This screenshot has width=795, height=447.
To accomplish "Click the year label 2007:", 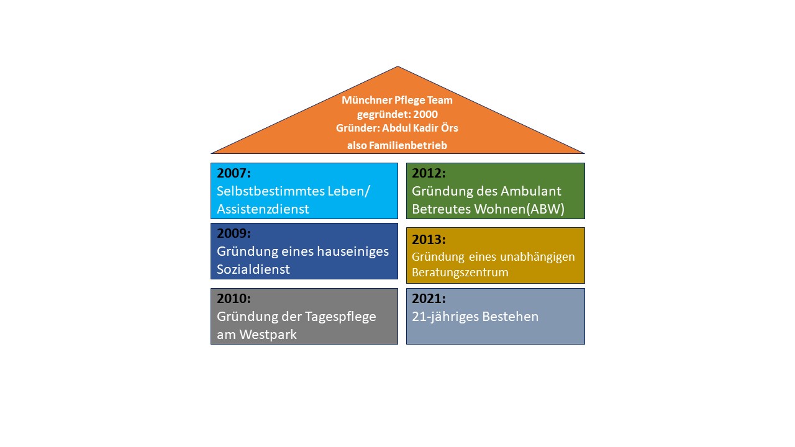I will [234, 173].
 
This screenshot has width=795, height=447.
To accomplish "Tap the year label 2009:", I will [234, 233].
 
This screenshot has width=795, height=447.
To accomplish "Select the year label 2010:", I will [234, 299].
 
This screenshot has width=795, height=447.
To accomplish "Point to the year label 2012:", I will [429, 173].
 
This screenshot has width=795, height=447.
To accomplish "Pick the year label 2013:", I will [429, 240].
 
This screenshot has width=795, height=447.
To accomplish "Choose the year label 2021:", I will [429, 299].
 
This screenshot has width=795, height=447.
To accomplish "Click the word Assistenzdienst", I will [263, 209].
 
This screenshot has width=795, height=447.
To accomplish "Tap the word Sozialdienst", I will [253, 269].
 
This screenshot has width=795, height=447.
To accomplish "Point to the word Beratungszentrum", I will [460, 273].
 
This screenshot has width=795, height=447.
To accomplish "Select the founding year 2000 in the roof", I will [425, 114].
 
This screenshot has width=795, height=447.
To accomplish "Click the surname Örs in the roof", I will [449, 128].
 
